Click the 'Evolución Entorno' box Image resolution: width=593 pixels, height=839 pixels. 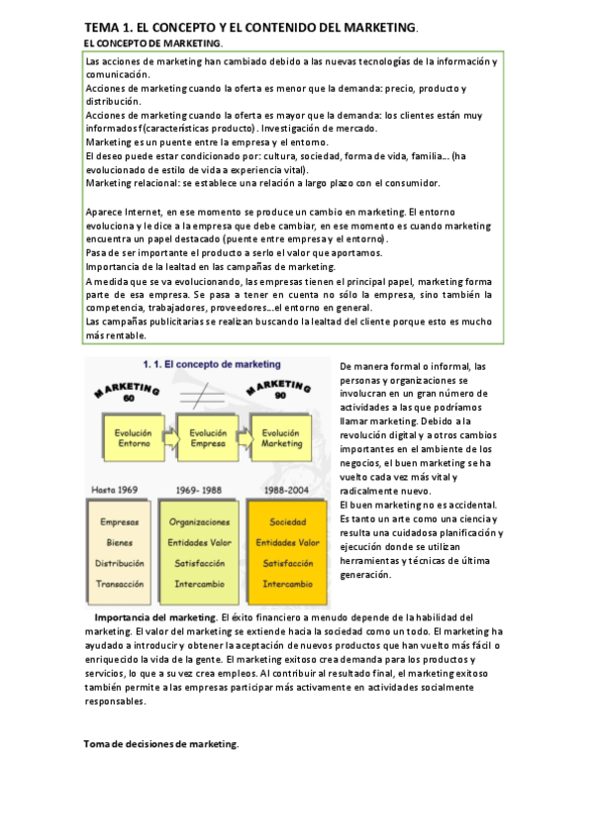[132, 438]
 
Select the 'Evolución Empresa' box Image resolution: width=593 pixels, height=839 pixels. [207, 438]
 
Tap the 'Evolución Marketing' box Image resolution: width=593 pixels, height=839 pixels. [280, 438]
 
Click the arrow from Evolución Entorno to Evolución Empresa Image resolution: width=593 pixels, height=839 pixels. [169, 438]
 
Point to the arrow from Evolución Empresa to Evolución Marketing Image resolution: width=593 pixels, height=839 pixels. [244, 438]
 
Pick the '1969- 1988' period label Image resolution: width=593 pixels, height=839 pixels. [199, 490]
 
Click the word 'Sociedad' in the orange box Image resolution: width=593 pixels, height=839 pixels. [288, 521]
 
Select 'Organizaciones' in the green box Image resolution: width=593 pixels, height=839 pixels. [199, 521]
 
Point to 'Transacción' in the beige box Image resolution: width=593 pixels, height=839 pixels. [120, 584]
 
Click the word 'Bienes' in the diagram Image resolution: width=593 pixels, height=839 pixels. [120, 542]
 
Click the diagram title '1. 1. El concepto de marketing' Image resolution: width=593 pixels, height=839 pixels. [207, 363]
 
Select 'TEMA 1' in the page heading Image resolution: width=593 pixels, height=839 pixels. [111, 29]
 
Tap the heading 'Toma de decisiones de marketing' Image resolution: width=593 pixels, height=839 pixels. [160, 744]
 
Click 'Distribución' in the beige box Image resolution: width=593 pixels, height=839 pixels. [120, 563]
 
